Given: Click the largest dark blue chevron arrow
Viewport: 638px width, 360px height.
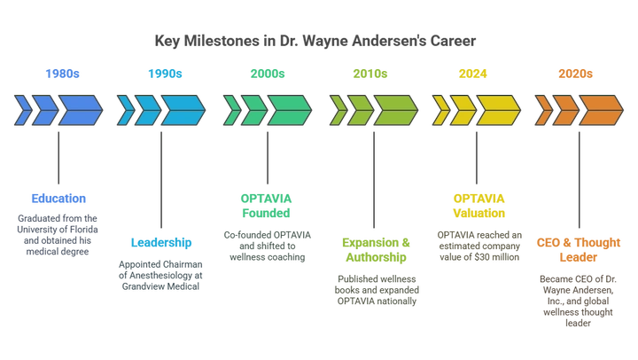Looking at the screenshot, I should coord(79,109).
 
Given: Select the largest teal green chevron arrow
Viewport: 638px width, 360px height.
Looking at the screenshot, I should coord(288,109).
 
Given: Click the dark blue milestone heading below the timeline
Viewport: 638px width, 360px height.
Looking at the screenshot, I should coord(59,198).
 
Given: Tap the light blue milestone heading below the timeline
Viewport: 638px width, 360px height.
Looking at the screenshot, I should coord(160,242).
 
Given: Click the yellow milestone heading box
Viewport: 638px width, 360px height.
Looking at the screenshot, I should coord(478,205).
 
